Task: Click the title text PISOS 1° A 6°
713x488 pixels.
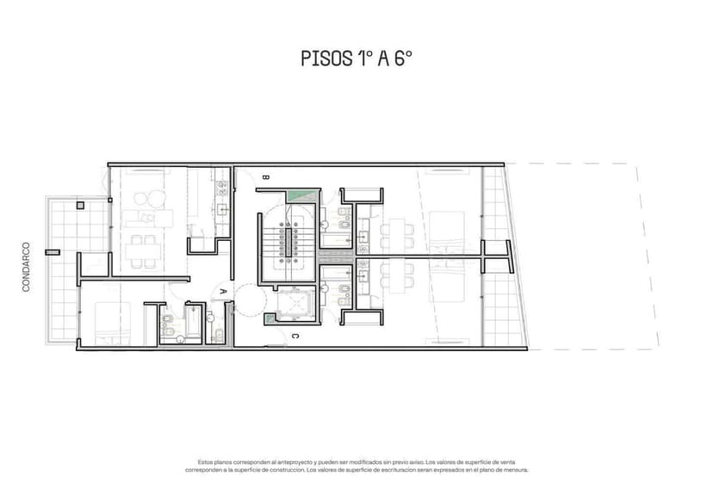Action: point(356,59)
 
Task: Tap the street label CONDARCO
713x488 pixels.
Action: point(26,266)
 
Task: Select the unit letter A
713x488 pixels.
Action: point(223,293)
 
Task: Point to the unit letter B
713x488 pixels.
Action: point(264,177)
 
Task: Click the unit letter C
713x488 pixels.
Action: point(294,336)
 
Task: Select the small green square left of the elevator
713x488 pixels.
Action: point(270,319)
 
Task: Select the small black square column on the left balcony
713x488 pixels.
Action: point(79,206)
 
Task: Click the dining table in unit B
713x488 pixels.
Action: point(395,232)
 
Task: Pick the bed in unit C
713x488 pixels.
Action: point(448,283)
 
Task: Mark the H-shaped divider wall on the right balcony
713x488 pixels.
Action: point(496,255)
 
